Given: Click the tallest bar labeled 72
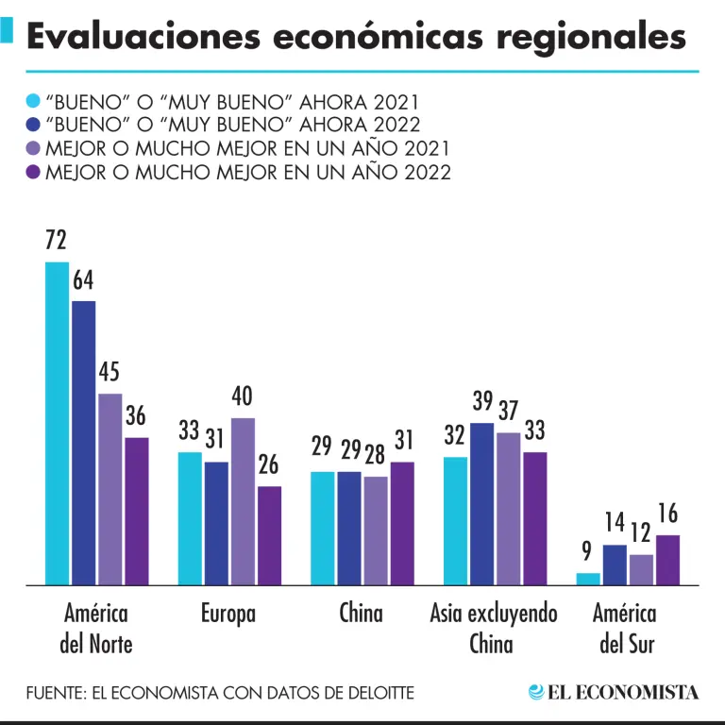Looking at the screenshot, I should pyautogui.click(x=58, y=423).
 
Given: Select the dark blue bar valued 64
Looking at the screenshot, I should pyautogui.click(x=84, y=443).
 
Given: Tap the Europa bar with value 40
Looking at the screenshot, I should pyautogui.click(x=243, y=501).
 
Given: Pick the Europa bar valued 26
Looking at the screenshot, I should pyautogui.click(x=270, y=535).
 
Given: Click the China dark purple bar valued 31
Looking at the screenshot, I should pyautogui.click(x=402, y=523).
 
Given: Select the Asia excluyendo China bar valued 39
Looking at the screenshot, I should pyautogui.click(x=481, y=504).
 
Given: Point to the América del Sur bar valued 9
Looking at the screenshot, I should pyautogui.click(x=588, y=579).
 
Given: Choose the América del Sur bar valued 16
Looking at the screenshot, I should pyautogui.click(x=668, y=560).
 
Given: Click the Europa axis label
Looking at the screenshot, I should pyautogui.click(x=228, y=614).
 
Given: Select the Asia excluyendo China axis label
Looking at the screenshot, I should pyautogui.click(x=493, y=629).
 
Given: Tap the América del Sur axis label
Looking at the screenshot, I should pyautogui.click(x=624, y=629).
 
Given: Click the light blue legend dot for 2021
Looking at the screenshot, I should pyautogui.click(x=34, y=100).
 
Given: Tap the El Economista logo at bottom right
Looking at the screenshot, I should pyautogui.click(x=614, y=692).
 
